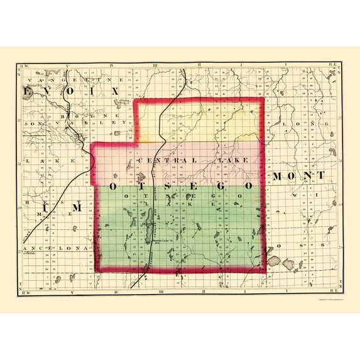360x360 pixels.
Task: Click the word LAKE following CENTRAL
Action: coord(232,161)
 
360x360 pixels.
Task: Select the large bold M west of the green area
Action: coord(77,207)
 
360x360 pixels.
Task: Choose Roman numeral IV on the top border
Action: coord(111,65)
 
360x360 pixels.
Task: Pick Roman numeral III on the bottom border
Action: coord(161,292)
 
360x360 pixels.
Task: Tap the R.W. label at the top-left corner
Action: coord(25,65)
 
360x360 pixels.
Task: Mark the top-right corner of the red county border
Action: coord(263,99)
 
